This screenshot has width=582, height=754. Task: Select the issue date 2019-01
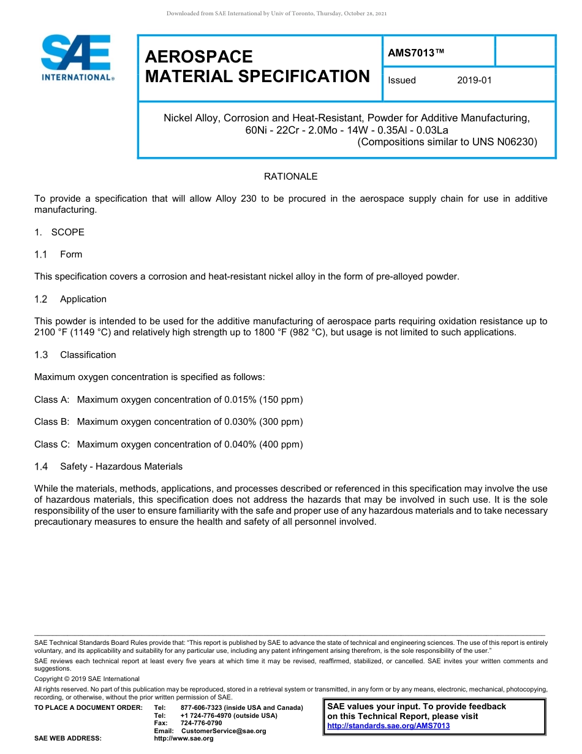pyautogui.click(x=474, y=80)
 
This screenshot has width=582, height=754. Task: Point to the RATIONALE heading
pyautogui.click(x=290, y=177)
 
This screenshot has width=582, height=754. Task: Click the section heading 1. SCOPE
pyautogui.click(x=59, y=232)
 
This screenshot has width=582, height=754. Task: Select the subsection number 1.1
pyautogui.click(x=41, y=254)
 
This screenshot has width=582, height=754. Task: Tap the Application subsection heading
pyautogui.click(x=83, y=299)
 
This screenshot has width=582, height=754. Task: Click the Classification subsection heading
pyautogui.click(x=88, y=355)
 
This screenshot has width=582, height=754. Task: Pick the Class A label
pyautogui.click(x=51, y=400)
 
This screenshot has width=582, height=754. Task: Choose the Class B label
pyautogui.click(x=51, y=422)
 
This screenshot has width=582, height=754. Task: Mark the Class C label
pyautogui.click(x=51, y=444)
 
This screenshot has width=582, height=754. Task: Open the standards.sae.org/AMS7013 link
pyautogui.click(x=388, y=726)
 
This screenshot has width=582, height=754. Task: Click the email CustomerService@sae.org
pyautogui.click(x=224, y=731)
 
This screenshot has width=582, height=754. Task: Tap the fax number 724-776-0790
pyautogui.click(x=202, y=723)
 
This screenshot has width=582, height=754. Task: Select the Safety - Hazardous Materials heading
pyautogui.click(x=121, y=466)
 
